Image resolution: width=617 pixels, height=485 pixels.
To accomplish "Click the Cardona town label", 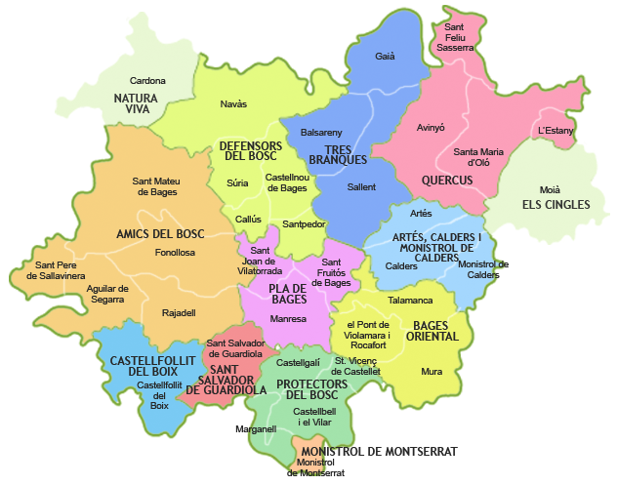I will (148, 81).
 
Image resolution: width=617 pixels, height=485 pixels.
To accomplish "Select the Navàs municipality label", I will (233, 103).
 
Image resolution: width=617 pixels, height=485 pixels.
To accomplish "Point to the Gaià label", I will (386, 57).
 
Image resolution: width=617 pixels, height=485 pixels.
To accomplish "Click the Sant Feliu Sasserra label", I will (454, 37).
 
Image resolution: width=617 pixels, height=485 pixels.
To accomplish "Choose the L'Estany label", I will (555, 130).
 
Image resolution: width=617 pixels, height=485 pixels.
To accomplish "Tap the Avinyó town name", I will (431, 127).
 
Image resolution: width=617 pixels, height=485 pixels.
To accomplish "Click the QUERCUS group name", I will (447, 181).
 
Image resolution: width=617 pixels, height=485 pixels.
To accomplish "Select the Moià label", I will (550, 189).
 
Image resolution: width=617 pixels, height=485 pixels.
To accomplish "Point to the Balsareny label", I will (321, 132).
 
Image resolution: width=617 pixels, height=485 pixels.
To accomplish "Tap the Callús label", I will (248, 220).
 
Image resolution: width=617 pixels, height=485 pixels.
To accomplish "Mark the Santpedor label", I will (304, 224).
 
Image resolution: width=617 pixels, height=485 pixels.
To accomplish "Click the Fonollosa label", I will (175, 252).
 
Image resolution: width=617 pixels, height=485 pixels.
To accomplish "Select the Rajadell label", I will (179, 312).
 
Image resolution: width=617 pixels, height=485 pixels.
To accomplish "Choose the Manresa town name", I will (289, 319).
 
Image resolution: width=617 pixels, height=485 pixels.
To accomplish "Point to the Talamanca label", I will (409, 302).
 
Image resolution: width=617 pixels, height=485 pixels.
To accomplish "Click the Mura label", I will (432, 371).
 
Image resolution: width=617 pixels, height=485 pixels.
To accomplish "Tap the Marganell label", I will (257, 428).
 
